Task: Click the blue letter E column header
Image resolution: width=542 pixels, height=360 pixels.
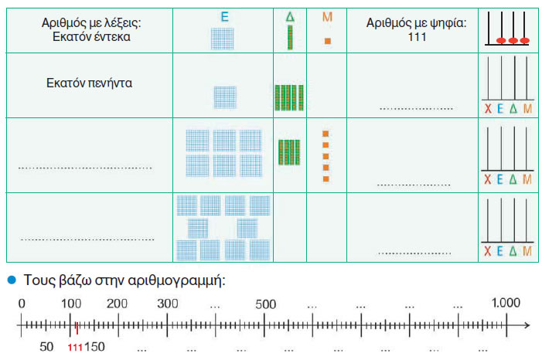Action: (x=225, y=16)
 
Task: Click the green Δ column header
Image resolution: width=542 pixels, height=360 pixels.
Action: (x=290, y=16)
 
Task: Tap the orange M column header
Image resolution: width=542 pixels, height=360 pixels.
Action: (x=327, y=16)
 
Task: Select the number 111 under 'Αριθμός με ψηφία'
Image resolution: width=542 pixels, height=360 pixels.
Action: (x=417, y=36)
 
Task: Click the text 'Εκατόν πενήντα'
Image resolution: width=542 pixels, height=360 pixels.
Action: (x=89, y=83)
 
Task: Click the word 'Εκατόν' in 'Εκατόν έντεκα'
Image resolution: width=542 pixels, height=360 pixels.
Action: (x=72, y=36)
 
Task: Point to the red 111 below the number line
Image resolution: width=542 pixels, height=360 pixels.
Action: (x=75, y=347)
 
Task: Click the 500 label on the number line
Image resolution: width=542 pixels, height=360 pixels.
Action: (x=265, y=304)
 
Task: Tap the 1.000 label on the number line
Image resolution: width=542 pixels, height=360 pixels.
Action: (x=506, y=303)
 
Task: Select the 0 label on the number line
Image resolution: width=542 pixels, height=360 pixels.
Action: (x=22, y=304)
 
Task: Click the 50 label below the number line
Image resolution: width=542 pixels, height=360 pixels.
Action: (x=46, y=347)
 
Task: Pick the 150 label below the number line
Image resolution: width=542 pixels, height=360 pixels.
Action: (x=94, y=347)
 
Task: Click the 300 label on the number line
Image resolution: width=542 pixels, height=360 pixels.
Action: (x=167, y=304)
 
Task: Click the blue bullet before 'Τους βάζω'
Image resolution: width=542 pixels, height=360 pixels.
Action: (x=12, y=280)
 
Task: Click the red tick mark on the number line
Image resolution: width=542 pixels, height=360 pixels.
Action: (x=77, y=328)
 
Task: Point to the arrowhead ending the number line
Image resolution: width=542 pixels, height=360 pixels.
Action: (x=527, y=325)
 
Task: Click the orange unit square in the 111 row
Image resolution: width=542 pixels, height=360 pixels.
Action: (x=328, y=41)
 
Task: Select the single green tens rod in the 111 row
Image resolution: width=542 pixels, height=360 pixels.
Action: (x=290, y=37)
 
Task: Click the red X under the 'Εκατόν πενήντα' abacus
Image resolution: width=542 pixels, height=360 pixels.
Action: (x=488, y=109)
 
